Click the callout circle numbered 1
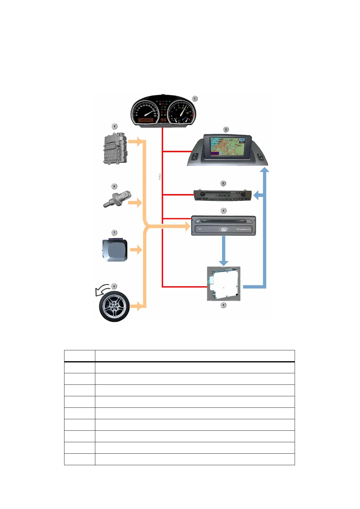pos(195,99)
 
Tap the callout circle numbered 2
pos(226,129)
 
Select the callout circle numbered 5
pos(224,305)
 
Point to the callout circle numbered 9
pos(114,126)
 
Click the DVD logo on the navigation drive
pos(224,229)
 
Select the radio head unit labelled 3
pos(222,195)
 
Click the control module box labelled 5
pos(224,284)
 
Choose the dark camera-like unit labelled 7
pos(115,250)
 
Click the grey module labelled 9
pos(115,148)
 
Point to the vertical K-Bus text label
pos(160,177)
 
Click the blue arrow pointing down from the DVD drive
pos(224,251)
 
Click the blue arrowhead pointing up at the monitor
pos(265,170)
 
